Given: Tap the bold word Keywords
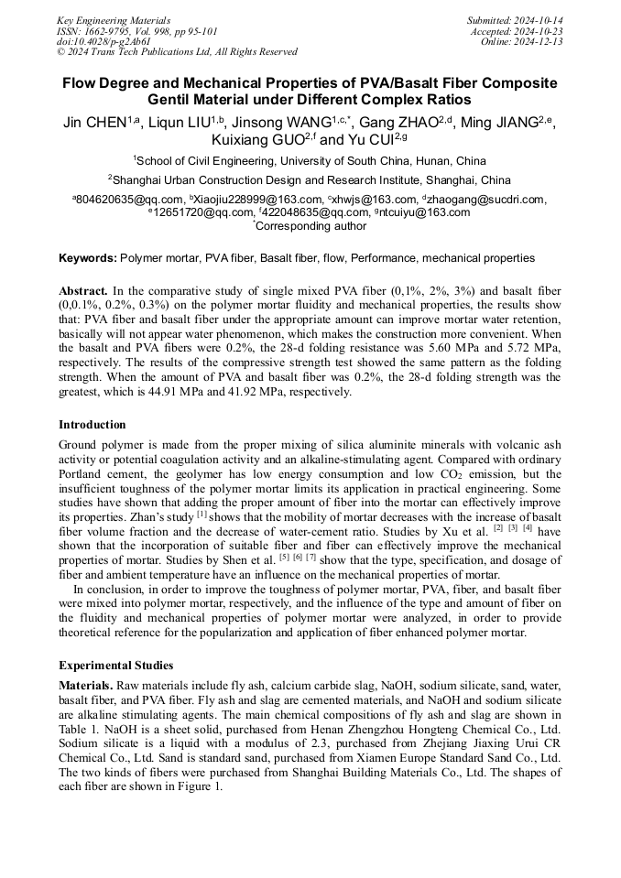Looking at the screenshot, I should (x=87, y=259).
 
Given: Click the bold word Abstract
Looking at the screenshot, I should (x=83, y=290).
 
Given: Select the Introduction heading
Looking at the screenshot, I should (x=93, y=425).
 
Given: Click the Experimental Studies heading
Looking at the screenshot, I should (x=115, y=665).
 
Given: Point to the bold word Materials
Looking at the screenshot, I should (x=86, y=686).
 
